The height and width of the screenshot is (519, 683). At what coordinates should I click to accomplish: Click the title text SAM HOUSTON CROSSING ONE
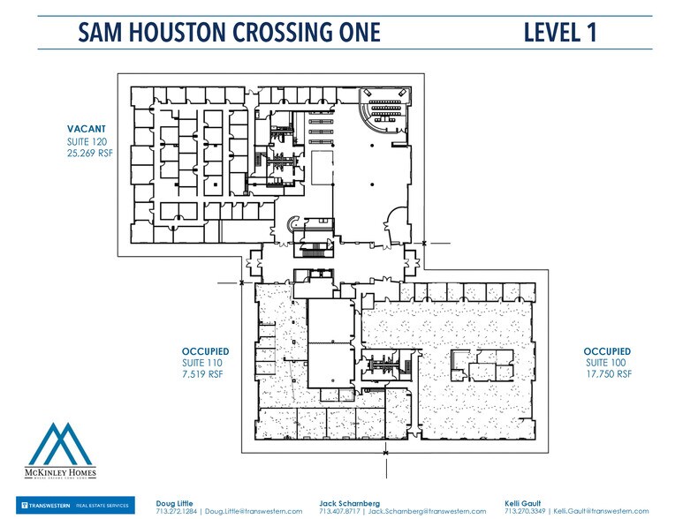229,33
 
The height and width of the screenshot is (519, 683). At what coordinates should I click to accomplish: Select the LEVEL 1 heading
560,33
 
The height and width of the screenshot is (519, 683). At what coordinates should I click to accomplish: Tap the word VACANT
86,129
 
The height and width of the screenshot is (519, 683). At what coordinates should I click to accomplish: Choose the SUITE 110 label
201,363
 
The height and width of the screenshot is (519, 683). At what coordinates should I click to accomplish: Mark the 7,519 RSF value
201,374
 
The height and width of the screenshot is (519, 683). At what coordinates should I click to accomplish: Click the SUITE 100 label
606,363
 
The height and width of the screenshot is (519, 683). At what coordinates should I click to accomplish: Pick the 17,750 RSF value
609,374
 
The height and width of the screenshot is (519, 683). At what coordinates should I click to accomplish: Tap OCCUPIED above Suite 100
609,351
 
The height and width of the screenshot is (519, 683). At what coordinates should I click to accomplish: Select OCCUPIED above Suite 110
205,351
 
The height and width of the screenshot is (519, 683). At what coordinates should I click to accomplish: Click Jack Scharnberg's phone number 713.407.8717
340,511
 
